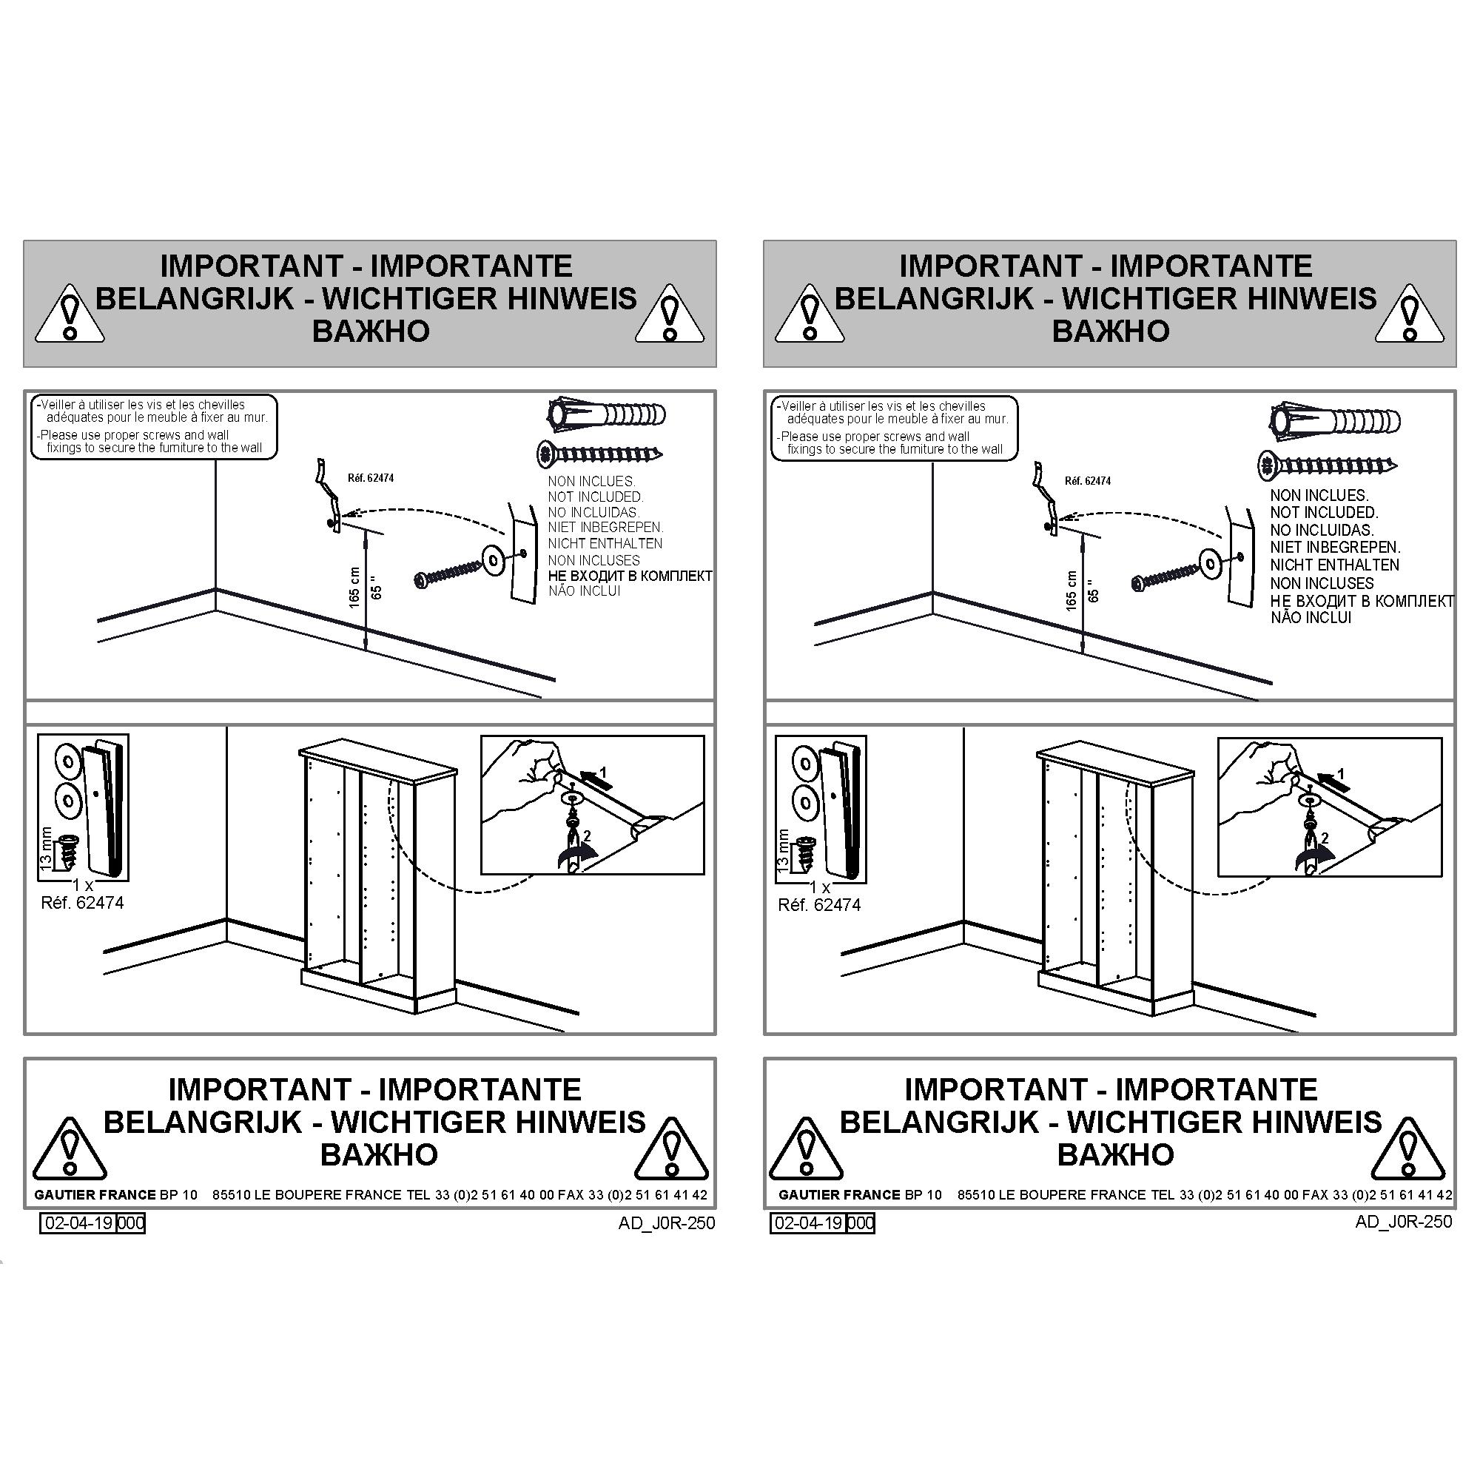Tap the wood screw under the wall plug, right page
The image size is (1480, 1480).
[1328, 464]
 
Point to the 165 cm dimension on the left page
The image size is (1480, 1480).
[354, 588]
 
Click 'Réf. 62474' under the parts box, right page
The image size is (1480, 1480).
[819, 905]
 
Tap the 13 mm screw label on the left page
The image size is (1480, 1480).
[47, 849]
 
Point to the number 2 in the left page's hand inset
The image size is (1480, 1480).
[587, 835]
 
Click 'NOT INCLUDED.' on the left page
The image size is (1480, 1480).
[595, 497]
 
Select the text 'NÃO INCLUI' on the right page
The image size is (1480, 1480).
[1311, 617]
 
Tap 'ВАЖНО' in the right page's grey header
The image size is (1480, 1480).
[1110, 331]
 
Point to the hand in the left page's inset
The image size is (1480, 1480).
[521, 781]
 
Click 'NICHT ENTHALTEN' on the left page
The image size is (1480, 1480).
[605, 543]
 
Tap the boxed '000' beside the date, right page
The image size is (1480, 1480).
[861, 1222]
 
